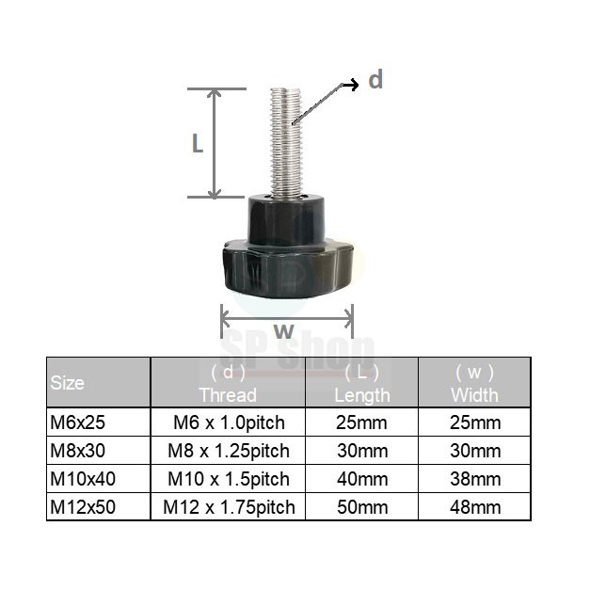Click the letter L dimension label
tap(198, 143)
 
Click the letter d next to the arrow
tap(375, 81)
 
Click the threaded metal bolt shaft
tap(285, 141)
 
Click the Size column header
tap(67, 383)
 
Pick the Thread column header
tap(228, 383)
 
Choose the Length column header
tap(361, 383)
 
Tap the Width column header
tap(474, 383)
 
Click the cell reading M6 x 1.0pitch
tap(228, 422)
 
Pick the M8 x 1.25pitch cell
tap(228, 450)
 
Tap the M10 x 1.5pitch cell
tap(228, 478)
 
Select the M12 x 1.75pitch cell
tap(228, 506)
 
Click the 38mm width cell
tap(475, 478)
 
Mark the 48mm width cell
tap(475, 506)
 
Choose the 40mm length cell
tap(362, 478)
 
